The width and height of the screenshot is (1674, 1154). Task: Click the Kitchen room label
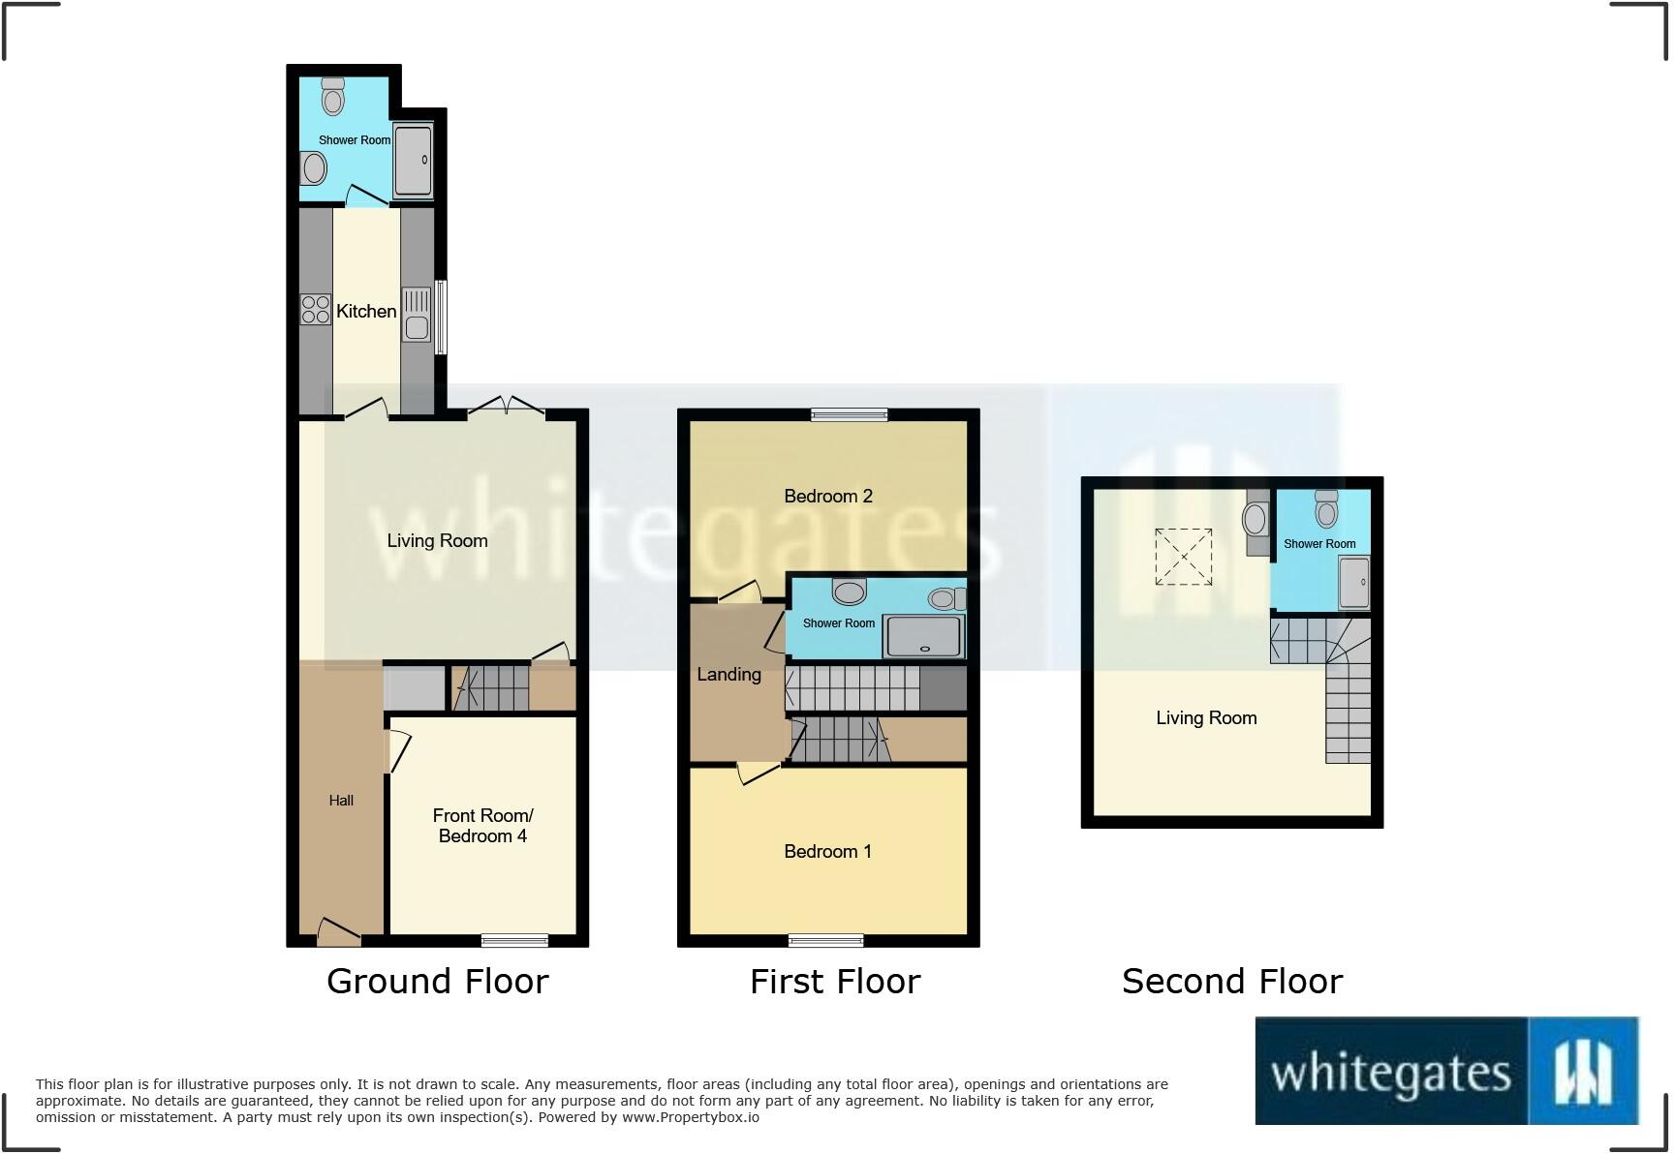(x=366, y=311)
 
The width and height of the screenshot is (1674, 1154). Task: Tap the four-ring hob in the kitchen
(x=315, y=310)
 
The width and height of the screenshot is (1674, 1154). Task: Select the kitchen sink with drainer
(x=417, y=315)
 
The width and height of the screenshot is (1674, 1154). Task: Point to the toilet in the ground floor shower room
(x=332, y=97)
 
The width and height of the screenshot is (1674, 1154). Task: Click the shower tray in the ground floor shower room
(x=413, y=161)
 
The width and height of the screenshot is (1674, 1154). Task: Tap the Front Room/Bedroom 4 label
(x=482, y=826)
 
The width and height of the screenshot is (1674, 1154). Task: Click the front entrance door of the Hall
(x=338, y=932)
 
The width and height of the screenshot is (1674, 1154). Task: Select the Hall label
(x=341, y=801)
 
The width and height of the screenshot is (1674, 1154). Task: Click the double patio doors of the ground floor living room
(x=506, y=408)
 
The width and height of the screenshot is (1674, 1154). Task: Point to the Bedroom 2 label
(x=828, y=496)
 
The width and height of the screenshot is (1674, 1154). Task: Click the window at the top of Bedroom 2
(x=850, y=414)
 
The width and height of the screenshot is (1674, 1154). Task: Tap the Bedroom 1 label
(x=828, y=851)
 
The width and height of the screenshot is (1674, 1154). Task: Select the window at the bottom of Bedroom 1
(x=825, y=940)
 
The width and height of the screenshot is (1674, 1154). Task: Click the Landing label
(x=728, y=674)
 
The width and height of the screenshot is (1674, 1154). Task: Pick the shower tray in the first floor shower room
(x=924, y=638)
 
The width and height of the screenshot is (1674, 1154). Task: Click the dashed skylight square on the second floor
(x=1183, y=557)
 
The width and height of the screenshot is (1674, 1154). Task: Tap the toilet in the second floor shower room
(x=1326, y=509)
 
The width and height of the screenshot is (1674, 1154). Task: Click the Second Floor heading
(x=1232, y=982)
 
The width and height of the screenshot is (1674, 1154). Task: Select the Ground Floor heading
(x=438, y=982)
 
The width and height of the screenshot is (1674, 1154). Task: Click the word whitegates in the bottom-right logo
(x=1390, y=1073)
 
